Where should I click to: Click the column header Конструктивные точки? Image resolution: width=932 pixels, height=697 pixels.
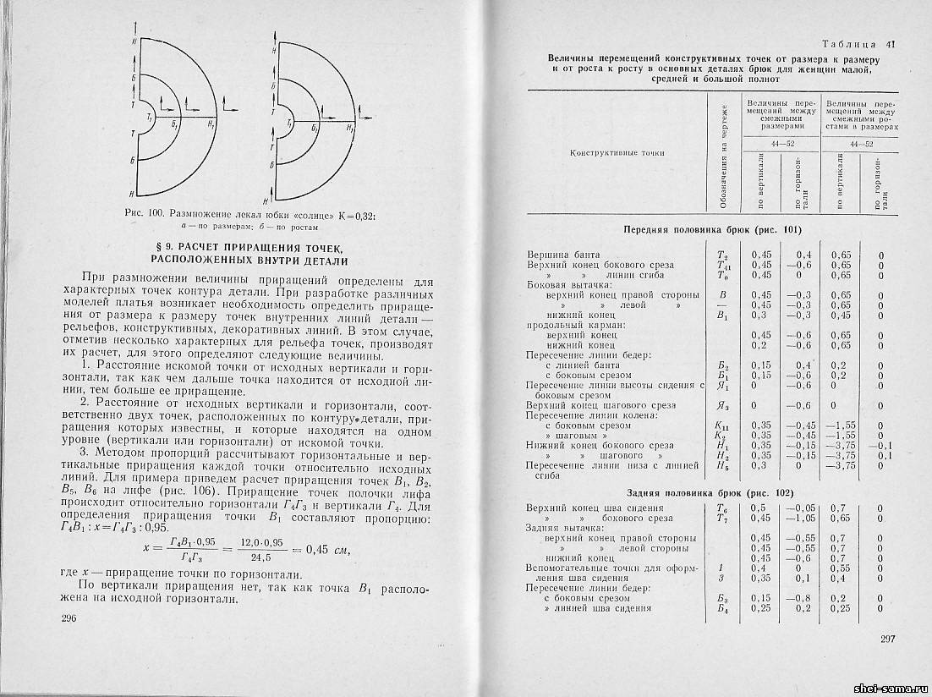click(617, 153)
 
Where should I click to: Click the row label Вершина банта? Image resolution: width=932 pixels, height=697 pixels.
click(563, 254)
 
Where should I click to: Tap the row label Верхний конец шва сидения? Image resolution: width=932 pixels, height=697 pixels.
click(589, 508)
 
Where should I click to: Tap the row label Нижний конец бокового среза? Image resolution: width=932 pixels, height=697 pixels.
click(600, 445)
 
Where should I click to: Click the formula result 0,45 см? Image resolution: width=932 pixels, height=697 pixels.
click(329, 550)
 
